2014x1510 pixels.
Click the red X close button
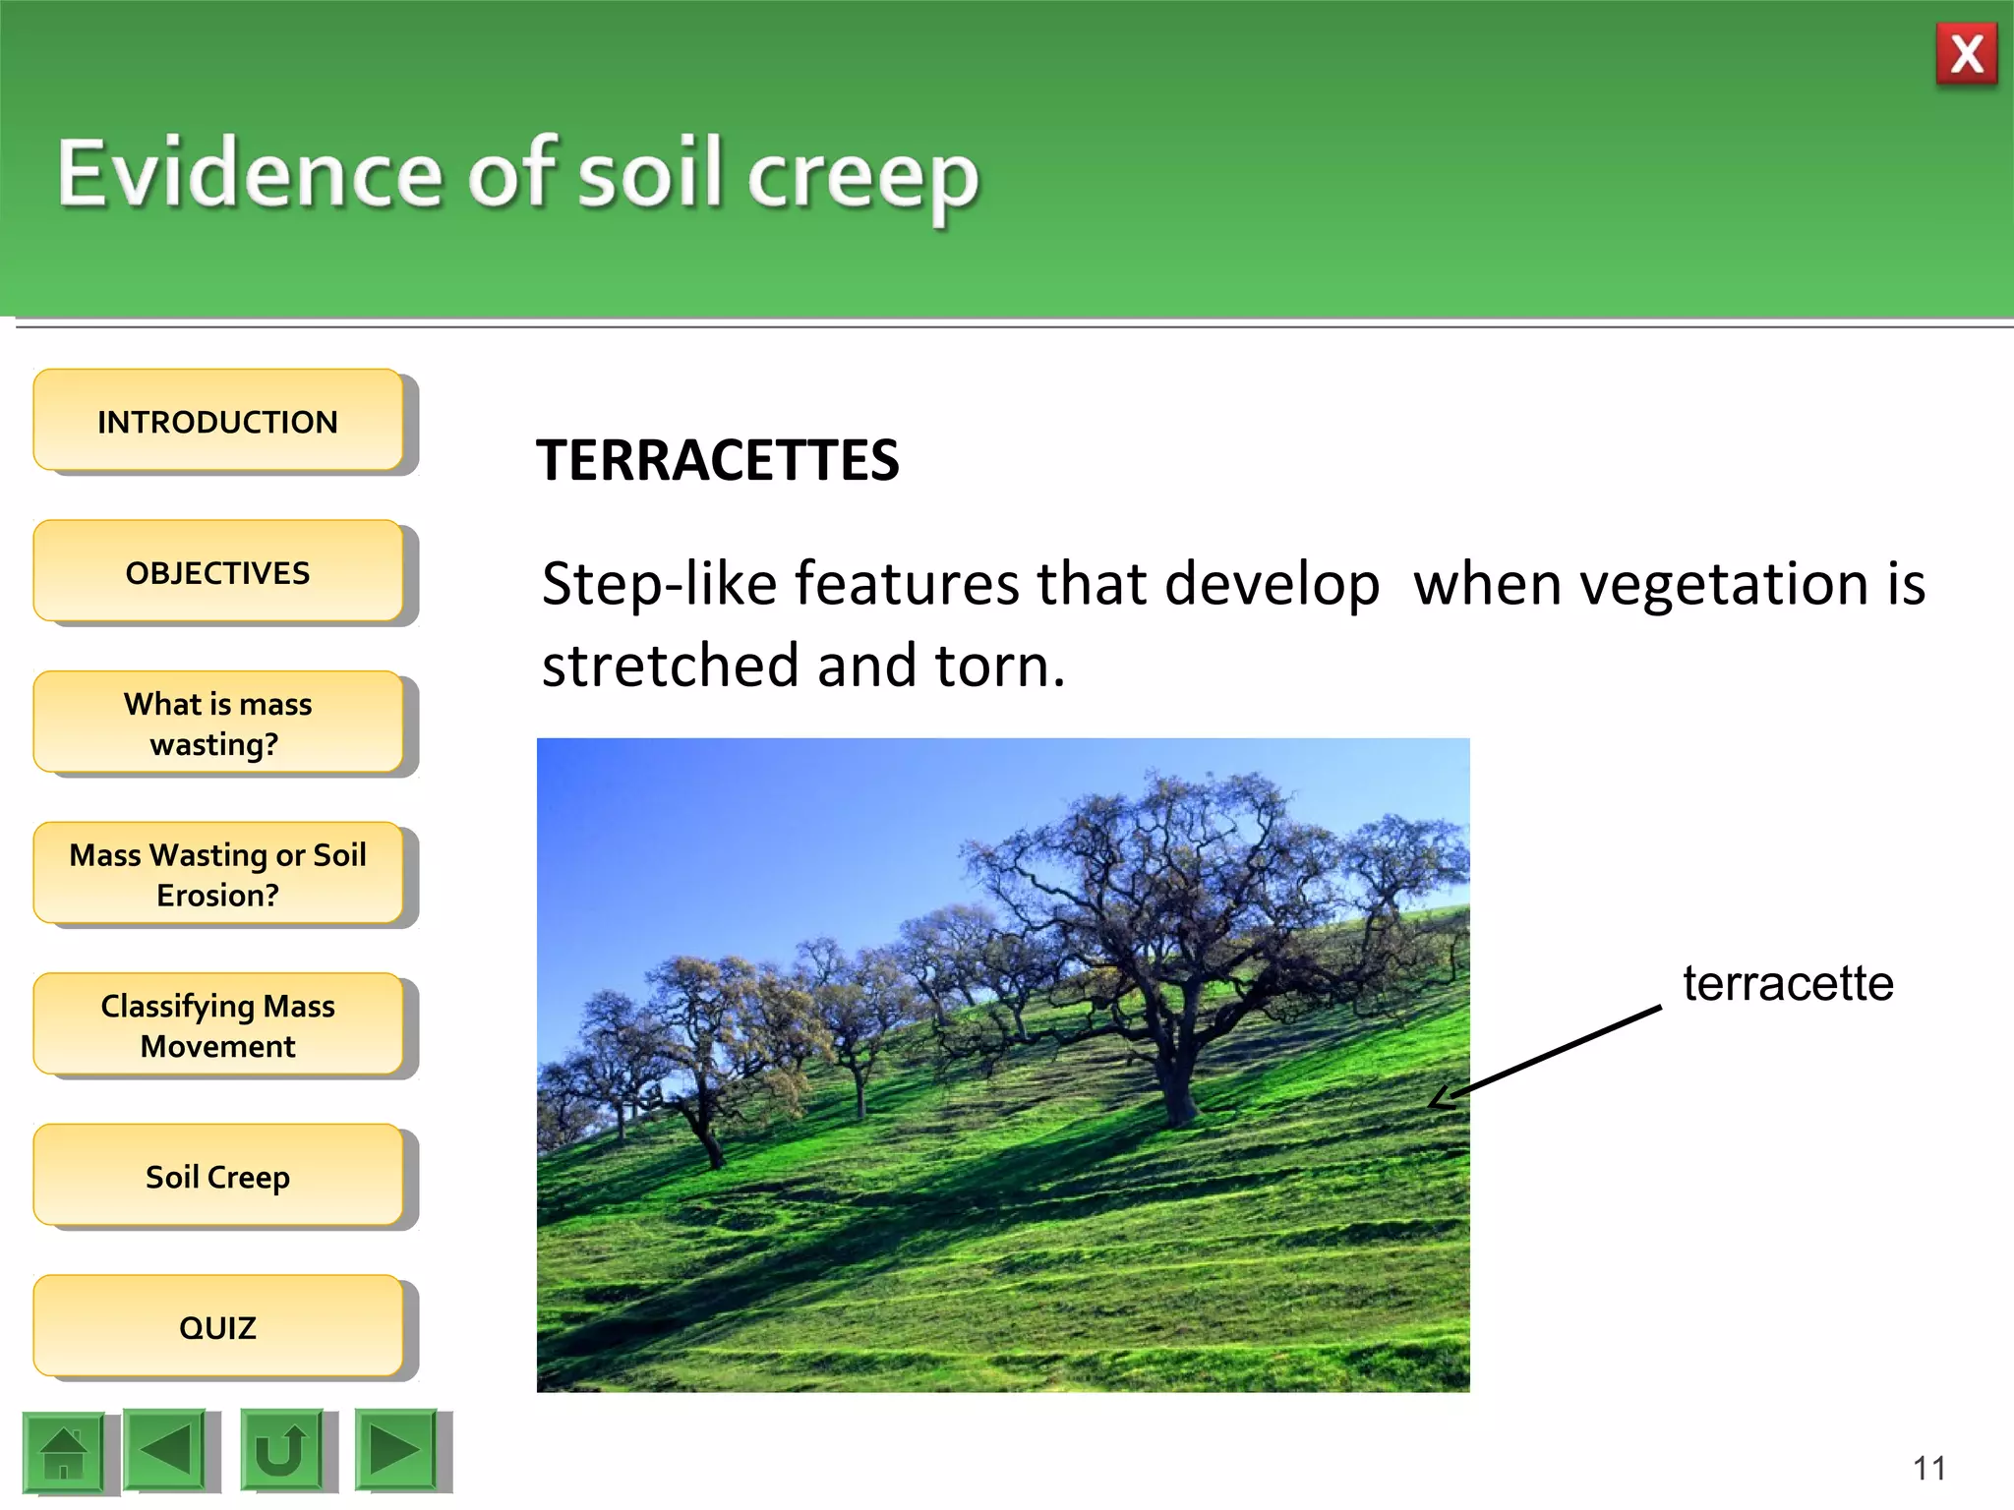tap(1966, 54)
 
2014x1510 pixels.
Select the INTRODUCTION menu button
tap(217, 422)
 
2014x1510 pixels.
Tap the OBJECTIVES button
tap(217, 572)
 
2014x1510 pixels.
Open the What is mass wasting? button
tap(217, 724)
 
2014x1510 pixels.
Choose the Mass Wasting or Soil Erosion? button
tap(217, 874)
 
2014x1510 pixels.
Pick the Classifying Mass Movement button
tap(217, 1025)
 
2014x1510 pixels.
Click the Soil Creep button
tap(217, 1176)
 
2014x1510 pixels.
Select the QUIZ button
tap(217, 1327)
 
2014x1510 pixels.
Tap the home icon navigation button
tap(64, 1452)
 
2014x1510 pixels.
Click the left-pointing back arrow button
tap(165, 1450)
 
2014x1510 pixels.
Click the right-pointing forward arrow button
tap(395, 1450)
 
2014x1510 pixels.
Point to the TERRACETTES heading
tap(717, 460)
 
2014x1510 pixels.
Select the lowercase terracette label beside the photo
tap(1787, 983)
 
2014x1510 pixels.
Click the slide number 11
tap(1928, 1468)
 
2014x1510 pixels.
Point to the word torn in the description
tap(997, 666)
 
